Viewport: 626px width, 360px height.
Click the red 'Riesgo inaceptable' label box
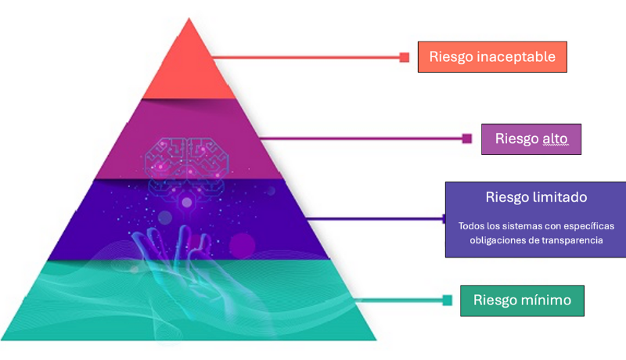click(x=492, y=57)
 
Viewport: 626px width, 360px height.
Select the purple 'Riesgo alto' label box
click(x=531, y=139)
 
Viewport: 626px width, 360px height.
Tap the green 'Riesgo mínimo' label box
click(x=522, y=300)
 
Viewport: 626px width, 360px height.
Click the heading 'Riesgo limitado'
click(x=536, y=196)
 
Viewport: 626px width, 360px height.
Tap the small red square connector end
click(x=405, y=57)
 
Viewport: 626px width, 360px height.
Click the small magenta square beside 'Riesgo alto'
click(x=467, y=139)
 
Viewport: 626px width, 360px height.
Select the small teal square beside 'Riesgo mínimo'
click(x=448, y=300)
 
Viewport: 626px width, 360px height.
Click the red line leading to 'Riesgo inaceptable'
click(x=305, y=57)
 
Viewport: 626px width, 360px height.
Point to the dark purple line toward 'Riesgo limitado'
click(x=376, y=218)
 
